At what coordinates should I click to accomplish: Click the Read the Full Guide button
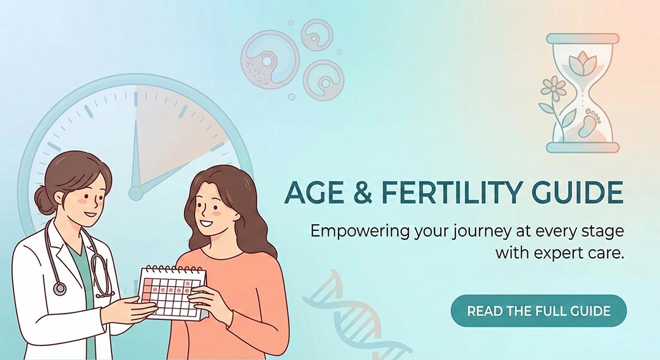point(538,310)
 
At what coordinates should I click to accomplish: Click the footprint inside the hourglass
point(587,123)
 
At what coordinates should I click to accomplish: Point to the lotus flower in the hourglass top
point(582,64)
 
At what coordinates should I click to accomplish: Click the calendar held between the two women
point(173,292)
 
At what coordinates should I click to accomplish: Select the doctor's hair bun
point(44,200)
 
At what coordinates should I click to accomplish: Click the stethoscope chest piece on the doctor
point(60,288)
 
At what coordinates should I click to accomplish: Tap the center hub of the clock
point(136,193)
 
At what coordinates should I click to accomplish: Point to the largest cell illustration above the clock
point(270,59)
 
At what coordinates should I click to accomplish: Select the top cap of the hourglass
point(582,39)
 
